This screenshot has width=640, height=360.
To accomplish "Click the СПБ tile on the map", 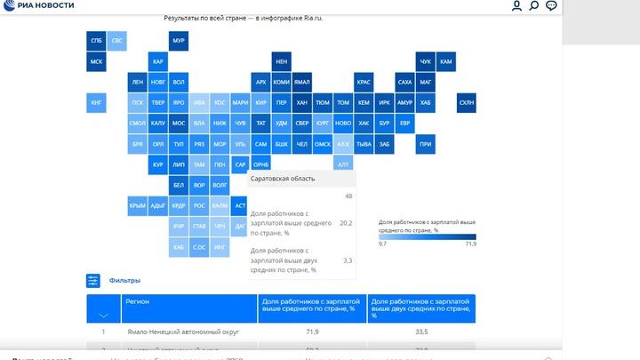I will (x=96, y=41).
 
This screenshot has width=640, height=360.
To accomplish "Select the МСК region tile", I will (x=96, y=61).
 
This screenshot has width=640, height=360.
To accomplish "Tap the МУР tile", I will (x=178, y=41).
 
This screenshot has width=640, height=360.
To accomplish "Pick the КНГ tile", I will (x=96, y=103).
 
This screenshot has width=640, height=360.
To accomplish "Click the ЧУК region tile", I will (x=425, y=61).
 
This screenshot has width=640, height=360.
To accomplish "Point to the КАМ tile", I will (x=446, y=61).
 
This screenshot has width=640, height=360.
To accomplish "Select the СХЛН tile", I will (x=467, y=103).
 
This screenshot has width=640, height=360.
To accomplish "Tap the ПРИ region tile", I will (x=425, y=144).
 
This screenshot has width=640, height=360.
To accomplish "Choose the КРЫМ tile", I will (x=137, y=206).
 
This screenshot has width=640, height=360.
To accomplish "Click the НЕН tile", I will (x=281, y=61).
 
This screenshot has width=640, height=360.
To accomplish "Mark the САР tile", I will (x=240, y=164).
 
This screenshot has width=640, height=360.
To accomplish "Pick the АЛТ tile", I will (x=343, y=164).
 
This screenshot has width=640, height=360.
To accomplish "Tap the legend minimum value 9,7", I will (x=383, y=244).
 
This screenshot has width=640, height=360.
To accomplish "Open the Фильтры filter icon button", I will (x=93, y=281).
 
